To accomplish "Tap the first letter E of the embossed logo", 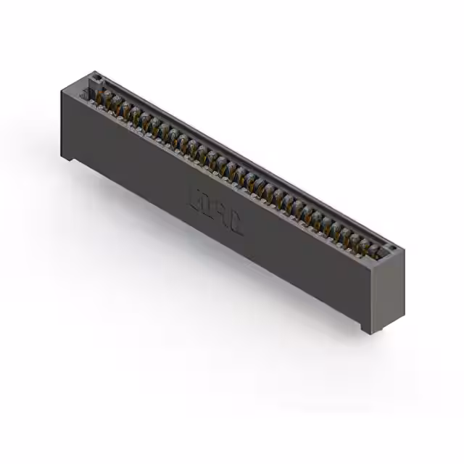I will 195,196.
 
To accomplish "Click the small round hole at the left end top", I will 94,75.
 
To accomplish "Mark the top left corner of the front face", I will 62,88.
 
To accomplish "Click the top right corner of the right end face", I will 404,251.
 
